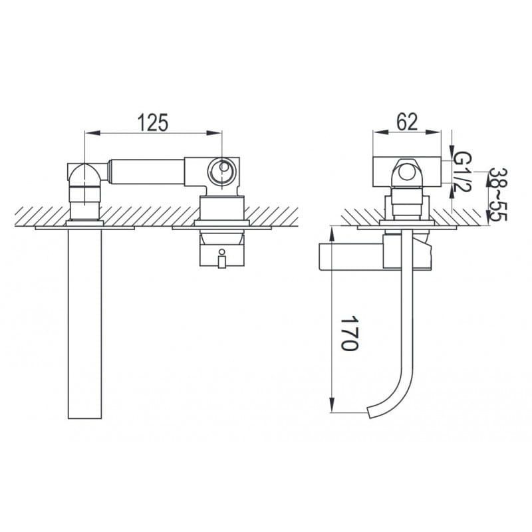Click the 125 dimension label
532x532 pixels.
153,122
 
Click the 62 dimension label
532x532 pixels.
407,122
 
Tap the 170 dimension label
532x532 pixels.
349,333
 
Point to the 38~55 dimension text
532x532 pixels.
497,194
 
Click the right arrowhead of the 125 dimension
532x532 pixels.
214,133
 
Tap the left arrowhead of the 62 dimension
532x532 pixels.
380,132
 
